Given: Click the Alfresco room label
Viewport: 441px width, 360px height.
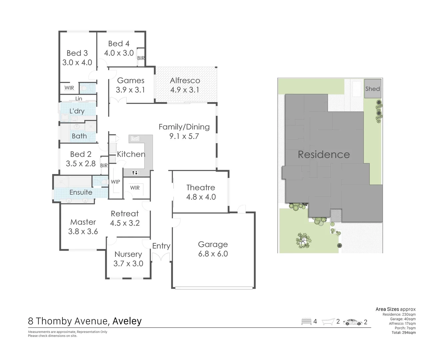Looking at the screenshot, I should click(x=185, y=81).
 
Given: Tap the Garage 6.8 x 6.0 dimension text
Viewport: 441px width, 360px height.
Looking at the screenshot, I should click(x=213, y=254).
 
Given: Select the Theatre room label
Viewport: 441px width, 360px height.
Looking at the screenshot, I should click(x=201, y=188).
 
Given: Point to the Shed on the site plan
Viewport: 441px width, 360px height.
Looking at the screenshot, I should click(x=372, y=89).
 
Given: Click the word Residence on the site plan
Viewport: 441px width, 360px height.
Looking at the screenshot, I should click(x=324, y=155).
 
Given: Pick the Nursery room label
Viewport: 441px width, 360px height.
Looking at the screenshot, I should click(x=128, y=254).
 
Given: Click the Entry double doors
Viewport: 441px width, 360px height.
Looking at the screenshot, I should click(x=161, y=257).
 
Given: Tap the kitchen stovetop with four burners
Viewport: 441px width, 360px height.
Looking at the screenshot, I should click(x=135, y=173).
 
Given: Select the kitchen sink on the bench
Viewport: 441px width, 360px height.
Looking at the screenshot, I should click(x=135, y=139).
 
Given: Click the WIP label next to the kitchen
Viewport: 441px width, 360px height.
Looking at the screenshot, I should click(x=115, y=182).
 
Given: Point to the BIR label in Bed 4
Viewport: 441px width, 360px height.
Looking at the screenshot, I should click(x=141, y=58).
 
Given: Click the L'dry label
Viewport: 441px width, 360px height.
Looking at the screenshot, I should click(x=77, y=111).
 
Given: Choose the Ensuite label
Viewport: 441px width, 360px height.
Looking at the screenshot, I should click(x=81, y=192).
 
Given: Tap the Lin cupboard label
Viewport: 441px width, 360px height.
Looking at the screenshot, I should click(x=79, y=99).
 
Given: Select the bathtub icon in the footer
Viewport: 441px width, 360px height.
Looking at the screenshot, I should click(x=328, y=322).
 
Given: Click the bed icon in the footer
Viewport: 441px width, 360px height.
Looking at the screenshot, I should click(x=306, y=322).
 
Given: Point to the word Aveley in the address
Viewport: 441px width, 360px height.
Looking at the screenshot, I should click(x=127, y=321).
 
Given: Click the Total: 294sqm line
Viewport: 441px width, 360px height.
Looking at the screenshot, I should click(x=403, y=333).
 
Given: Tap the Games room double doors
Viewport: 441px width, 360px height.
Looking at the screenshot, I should click(x=118, y=101).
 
